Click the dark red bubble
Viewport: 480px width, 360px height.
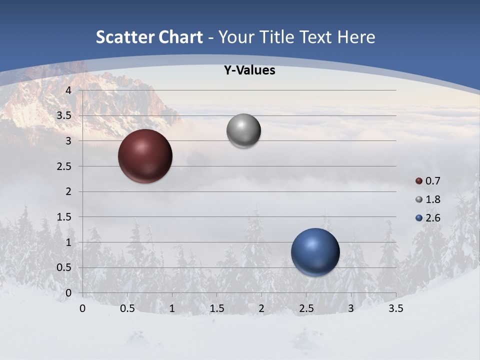pyautogui.click(x=145, y=156)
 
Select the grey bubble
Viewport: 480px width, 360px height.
pyautogui.click(x=243, y=131)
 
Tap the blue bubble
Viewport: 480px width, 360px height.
pyautogui.click(x=315, y=252)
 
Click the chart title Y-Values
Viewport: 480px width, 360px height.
pyautogui.click(x=249, y=70)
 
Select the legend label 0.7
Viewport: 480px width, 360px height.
pyautogui.click(x=433, y=181)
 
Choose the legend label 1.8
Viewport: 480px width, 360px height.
pyautogui.click(x=433, y=199)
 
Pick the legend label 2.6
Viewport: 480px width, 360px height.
pyautogui.click(x=433, y=218)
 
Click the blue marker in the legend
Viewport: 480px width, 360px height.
pyautogui.click(x=419, y=218)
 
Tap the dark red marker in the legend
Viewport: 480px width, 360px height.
pyautogui.click(x=419, y=181)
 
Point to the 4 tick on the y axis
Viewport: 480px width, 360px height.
pyautogui.click(x=69, y=90)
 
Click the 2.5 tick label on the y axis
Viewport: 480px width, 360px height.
pyautogui.click(x=64, y=166)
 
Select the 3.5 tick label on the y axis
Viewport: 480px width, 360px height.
pyautogui.click(x=64, y=116)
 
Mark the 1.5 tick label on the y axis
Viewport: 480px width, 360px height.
pyautogui.click(x=64, y=217)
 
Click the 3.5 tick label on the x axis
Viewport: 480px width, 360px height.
pyautogui.click(x=396, y=309)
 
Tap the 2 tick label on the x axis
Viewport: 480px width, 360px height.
pyautogui.click(x=261, y=309)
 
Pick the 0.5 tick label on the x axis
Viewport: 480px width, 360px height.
pyautogui.click(x=127, y=309)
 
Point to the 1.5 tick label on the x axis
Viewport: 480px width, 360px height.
pyautogui.click(x=217, y=309)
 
